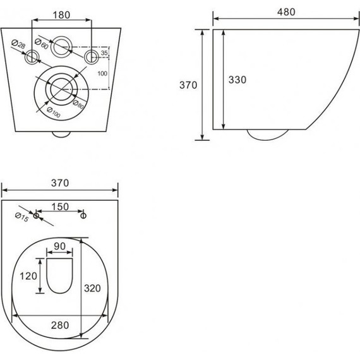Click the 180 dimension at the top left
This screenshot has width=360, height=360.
coord(61,15)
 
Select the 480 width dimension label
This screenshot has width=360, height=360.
coord(286,12)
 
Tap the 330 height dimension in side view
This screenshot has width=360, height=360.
coord(237,80)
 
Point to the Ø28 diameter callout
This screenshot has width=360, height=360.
coord(18,44)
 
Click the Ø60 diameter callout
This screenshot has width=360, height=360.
coord(42,44)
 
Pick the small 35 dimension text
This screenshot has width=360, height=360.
coord(104,53)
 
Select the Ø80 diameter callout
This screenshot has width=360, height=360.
coord(78,105)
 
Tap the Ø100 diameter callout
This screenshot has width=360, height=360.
coord(54,112)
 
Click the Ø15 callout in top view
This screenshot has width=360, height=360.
coord(22,217)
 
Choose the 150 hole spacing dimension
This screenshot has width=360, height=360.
coord(60,207)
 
